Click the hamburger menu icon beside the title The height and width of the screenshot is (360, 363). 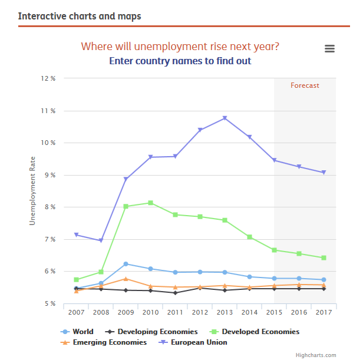click(329, 49)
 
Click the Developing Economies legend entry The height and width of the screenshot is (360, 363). click(154, 332)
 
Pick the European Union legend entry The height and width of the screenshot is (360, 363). click(195, 342)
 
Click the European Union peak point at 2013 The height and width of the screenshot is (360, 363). click(225, 118)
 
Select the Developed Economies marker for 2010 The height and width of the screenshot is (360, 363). click(150, 203)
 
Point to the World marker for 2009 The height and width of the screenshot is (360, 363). click(126, 264)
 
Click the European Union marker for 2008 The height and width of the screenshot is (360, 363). click(101, 240)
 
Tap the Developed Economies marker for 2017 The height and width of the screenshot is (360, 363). click(324, 258)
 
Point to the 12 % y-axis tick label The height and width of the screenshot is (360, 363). click(49, 78)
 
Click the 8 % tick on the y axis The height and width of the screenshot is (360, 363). click(49, 207)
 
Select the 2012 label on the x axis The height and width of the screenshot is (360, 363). click(200, 312)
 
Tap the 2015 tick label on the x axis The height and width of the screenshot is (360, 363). click(274, 312)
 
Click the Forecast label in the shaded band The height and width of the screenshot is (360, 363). click(305, 85)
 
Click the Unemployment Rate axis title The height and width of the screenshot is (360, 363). click(33, 190)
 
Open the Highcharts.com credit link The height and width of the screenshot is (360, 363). click(316, 355)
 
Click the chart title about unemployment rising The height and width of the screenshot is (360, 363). click(180, 47)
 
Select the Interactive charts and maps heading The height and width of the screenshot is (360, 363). click(80, 16)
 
